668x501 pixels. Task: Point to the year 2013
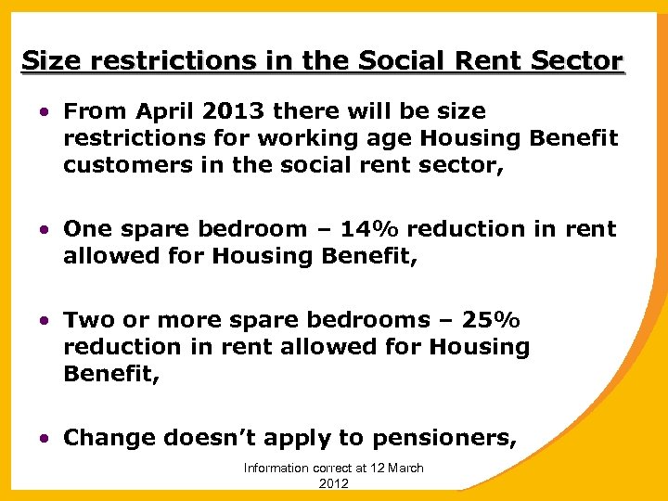click(228, 111)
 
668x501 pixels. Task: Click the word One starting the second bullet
click(86, 229)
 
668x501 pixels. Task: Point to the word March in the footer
click(405, 469)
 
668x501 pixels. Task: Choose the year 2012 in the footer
click(333, 484)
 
